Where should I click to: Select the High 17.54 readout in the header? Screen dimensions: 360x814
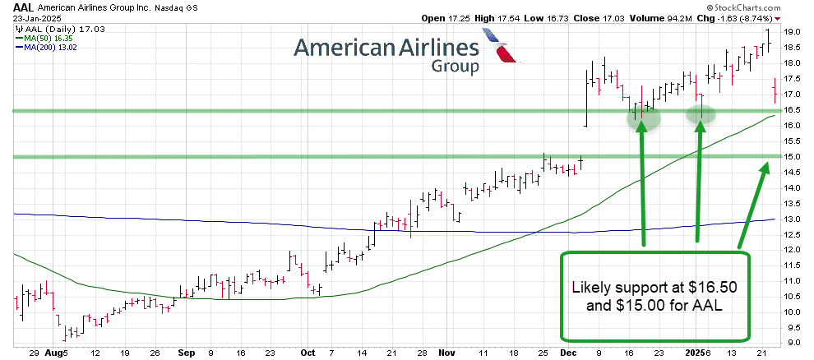pyautogui.click(x=493, y=17)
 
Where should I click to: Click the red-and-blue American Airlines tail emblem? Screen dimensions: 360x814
pyautogui.click(x=502, y=48)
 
